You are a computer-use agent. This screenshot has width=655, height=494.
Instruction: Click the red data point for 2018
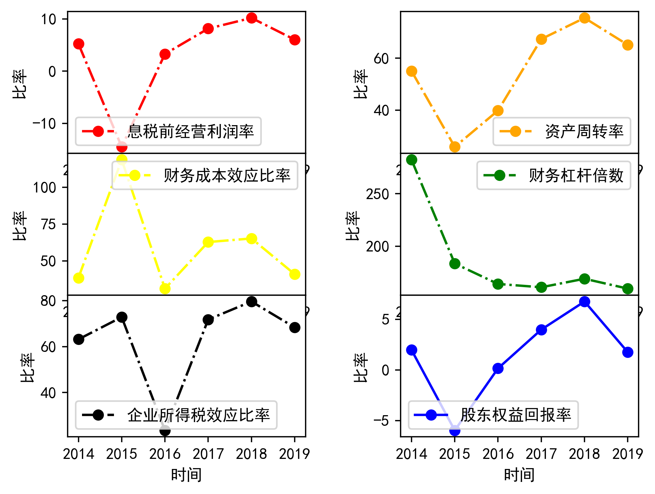click(x=252, y=18)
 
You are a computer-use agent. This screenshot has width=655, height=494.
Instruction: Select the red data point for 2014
click(x=79, y=44)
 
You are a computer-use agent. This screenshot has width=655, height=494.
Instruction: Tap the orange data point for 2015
click(x=455, y=147)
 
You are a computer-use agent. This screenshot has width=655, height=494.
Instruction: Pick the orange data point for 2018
click(x=584, y=18)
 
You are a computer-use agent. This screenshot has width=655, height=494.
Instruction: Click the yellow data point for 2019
click(x=295, y=274)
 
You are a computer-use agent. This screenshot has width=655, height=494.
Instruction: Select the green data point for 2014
click(x=412, y=160)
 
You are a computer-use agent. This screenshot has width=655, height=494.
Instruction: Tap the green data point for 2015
click(x=455, y=264)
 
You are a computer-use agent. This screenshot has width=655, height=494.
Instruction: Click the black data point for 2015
click(x=122, y=317)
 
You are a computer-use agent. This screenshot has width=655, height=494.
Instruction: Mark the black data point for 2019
click(x=295, y=328)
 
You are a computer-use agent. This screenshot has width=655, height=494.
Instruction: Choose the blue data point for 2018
click(x=584, y=302)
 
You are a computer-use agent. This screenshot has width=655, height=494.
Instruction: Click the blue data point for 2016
click(x=498, y=369)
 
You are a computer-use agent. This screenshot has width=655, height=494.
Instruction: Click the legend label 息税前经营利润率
click(x=191, y=131)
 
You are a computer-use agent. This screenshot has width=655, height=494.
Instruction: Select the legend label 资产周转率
click(x=584, y=131)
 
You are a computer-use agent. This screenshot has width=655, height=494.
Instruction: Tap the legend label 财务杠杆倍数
click(x=576, y=176)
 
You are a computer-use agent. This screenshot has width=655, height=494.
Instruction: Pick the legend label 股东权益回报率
click(x=515, y=415)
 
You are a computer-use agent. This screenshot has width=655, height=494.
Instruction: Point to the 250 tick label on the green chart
click(x=377, y=194)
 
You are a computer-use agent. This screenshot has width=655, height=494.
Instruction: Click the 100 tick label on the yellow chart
click(x=44, y=188)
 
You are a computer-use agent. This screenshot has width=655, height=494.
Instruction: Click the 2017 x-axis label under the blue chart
click(x=541, y=454)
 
